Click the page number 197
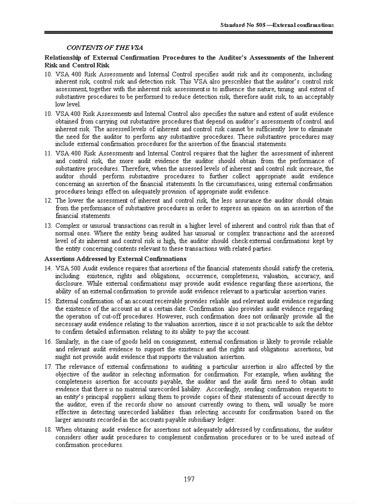(189, 479)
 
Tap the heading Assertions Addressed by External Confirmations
(115, 259)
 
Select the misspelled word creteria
(322, 268)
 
